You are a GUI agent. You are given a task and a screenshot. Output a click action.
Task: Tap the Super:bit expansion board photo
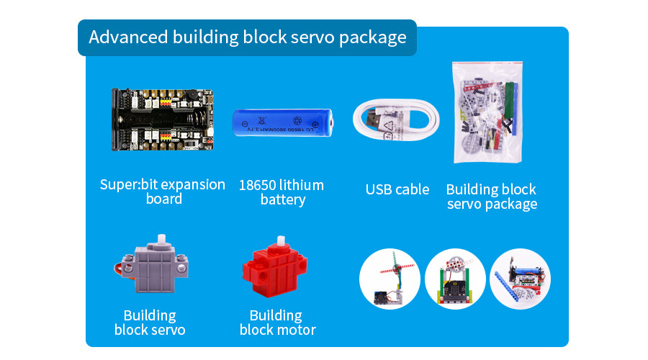163,120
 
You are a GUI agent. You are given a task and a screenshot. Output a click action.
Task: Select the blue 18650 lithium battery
283,122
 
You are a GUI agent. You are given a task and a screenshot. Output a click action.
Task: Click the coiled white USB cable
396,120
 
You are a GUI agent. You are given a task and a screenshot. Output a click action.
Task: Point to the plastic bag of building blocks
487,112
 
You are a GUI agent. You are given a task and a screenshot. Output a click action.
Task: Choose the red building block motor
275,267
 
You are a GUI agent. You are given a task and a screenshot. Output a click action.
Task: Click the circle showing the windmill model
390,279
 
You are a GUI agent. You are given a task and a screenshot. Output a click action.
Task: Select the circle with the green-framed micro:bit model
456,279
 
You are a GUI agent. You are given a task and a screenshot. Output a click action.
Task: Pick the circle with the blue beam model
521,279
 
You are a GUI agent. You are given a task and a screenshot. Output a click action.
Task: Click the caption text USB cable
397,189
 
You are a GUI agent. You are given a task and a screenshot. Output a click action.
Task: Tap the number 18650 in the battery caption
258,185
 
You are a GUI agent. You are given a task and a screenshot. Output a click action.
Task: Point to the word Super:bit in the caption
119,185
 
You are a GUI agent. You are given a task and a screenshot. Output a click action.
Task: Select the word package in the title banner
373,37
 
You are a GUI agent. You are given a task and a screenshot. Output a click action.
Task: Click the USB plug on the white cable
374,119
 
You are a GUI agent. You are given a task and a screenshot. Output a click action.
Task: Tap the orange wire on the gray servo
120,269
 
